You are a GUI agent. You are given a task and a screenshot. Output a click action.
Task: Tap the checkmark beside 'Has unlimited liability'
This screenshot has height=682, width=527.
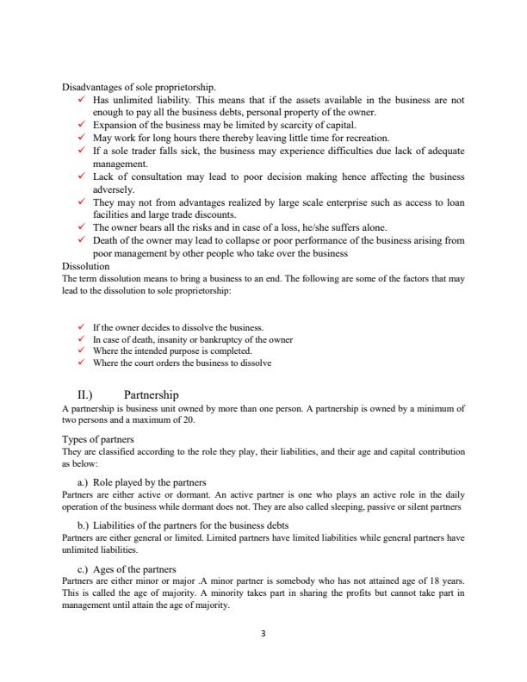[x=80, y=100]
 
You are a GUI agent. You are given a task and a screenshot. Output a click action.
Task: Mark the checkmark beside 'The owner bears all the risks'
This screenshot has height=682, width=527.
[x=80, y=228]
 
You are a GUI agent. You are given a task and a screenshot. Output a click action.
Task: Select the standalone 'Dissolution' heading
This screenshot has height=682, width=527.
[x=86, y=267]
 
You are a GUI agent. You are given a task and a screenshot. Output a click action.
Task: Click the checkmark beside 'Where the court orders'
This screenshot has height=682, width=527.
[x=80, y=363]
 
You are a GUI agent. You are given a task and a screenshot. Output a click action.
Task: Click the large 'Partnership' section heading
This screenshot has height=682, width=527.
[x=151, y=394]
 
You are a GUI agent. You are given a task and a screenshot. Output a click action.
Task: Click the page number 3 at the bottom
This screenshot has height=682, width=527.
[x=263, y=635]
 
